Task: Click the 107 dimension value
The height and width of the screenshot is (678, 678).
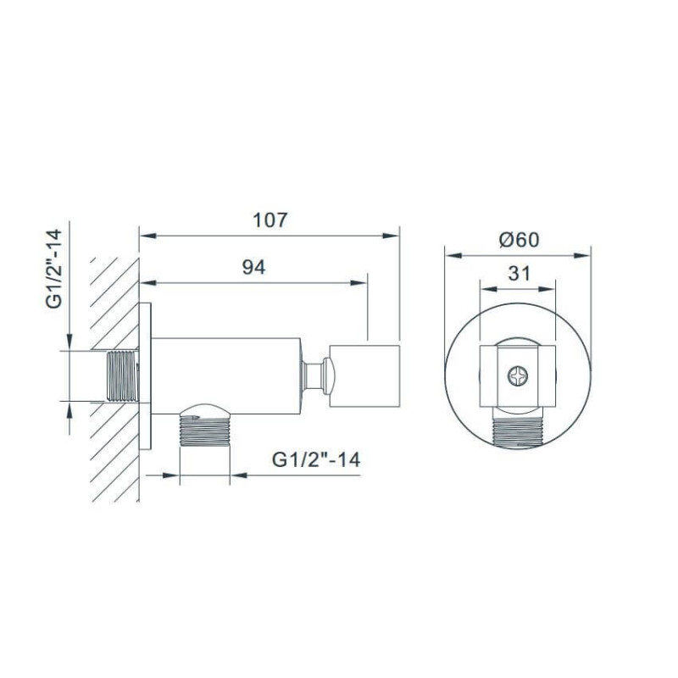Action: click(x=270, y=220)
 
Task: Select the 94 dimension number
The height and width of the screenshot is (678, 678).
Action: click(x=253, y=267)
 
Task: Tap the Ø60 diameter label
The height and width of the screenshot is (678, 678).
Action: click(x=519, y=240)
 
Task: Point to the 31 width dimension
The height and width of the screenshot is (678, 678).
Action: click(x=519, y=273)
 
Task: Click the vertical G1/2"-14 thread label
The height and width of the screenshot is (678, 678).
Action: click(x=54, y=269)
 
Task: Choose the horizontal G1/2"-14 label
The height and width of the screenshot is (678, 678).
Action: click(x=316, y=459)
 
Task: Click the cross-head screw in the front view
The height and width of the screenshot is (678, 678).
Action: click(x=518, y=375)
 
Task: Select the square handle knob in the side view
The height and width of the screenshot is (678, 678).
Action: click(x=364, y=375)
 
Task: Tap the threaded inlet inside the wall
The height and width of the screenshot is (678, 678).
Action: click(x=122, y=375)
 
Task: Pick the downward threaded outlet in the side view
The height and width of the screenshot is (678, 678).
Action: click(x=204, y=431)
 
